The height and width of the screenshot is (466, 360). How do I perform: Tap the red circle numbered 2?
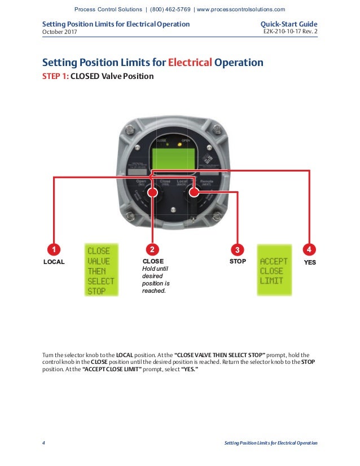tap(152, 249)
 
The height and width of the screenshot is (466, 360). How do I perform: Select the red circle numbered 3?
tap(238, 249)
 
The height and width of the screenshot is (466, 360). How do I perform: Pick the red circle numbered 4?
tap(309, 249)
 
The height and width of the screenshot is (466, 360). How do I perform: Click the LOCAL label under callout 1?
tap(54, 262)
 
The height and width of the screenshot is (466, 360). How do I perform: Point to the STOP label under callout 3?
tap(238, 262)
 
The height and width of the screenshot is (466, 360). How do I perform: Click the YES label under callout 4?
tap(309, 262)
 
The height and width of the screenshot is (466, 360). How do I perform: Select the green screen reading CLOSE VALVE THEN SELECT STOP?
tap(100, 270)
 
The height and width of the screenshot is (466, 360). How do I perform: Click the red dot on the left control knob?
tap(152, 192)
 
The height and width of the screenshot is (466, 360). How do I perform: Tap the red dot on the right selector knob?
tap(194, 192)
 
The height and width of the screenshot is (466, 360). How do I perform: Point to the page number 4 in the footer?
tap(44, 443)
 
